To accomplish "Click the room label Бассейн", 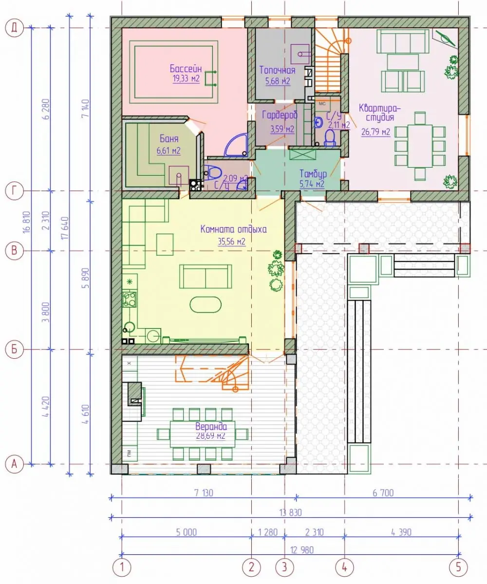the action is (186, 69).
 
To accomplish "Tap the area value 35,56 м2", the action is (231, 242).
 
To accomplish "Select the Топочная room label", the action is (278, 70).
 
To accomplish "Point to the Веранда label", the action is (211, 426).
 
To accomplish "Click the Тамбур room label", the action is (313, 174).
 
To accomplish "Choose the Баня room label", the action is (169, 138).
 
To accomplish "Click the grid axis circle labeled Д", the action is (15, 28).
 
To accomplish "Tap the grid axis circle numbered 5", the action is (458, 567).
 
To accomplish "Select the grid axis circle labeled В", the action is (14, 250).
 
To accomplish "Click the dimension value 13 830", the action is (290, 512).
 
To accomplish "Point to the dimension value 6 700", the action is (383, 493).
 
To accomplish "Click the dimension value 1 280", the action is (268, 532).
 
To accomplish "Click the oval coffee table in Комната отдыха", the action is (206, 305).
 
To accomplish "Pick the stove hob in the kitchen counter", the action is (130, 299).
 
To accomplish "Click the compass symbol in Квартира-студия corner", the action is (445, 38).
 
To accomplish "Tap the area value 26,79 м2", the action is (376, 132).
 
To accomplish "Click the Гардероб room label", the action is (280, 115).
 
